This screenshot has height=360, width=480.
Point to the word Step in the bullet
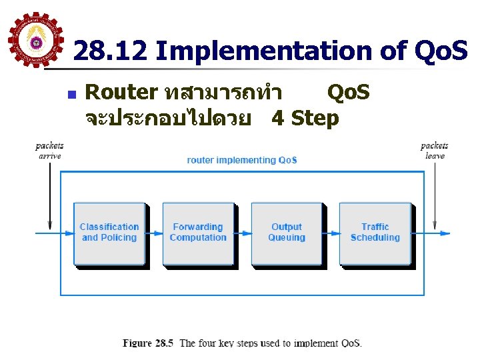pos(315,119)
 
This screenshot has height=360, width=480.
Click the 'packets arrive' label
pos(50,151)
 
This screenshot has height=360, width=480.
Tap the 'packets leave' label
pos(434,151)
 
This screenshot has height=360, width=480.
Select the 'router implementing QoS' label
pos(242,160)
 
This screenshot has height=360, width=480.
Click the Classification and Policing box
pos(109,233)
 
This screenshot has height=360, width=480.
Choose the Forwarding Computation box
pos(198,233)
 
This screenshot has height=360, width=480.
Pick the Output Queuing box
pos(287,233)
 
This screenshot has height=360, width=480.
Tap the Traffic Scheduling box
pos(375,233)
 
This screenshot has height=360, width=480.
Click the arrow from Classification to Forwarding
pos(153,233)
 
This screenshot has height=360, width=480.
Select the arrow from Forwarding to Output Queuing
pos(242,233)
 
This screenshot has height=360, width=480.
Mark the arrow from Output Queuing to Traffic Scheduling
pos(331,233)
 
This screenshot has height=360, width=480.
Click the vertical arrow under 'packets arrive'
pos(50,193)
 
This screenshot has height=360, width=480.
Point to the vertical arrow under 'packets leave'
pos(435,193)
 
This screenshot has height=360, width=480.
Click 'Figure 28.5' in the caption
pos(148,343)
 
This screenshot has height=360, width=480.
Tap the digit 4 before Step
pos(279,119)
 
